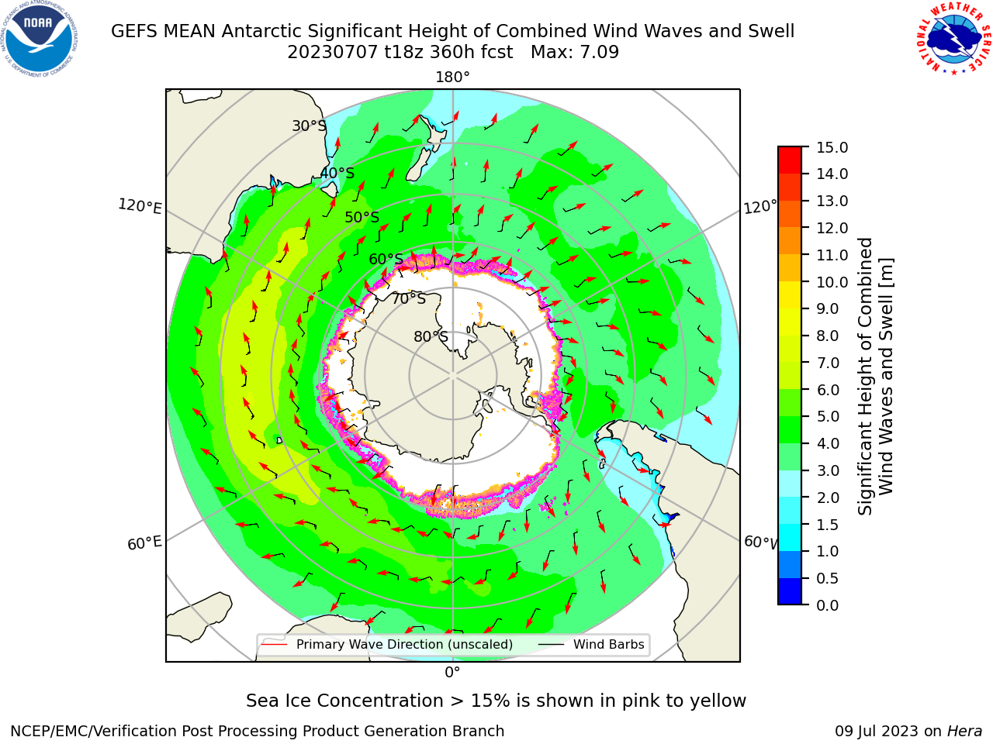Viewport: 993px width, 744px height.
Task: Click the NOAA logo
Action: click(40, 40)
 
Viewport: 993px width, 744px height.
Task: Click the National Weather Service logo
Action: click(953, 39)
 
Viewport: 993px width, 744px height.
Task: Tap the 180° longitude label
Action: click(452, 77)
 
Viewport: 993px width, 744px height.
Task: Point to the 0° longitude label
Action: click(452, 672)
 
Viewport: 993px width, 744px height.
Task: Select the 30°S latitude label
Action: click(309, 126)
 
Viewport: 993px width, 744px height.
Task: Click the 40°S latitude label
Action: click(337, 173)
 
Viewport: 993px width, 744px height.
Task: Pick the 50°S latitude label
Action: click(362, 217)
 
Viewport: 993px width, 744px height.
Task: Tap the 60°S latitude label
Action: click(386, 259)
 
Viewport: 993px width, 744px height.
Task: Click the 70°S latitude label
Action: click(409, 298)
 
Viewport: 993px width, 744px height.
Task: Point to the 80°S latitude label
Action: click(431, 336)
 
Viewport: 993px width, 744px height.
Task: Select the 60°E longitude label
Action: click(144, 543)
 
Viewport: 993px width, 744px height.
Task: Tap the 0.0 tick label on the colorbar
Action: click(828, 605)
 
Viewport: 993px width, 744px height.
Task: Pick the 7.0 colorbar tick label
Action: click(828, 363)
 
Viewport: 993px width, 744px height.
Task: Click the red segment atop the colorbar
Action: click(790, 160)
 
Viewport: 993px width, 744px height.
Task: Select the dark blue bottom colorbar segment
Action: click(790, 591)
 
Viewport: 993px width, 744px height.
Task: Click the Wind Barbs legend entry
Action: click(591, 644)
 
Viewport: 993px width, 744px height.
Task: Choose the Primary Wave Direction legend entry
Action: click(388, 644)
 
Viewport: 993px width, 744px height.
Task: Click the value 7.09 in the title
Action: click(599, 52)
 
